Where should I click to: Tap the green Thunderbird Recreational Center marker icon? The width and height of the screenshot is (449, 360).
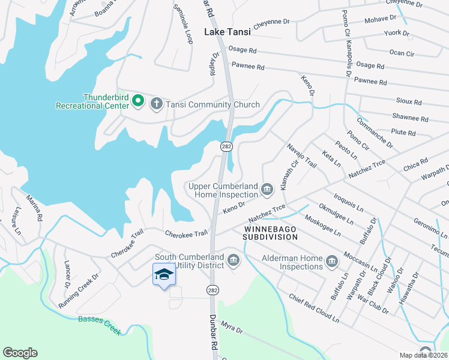tap(137, 102)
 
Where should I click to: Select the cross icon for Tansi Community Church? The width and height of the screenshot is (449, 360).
tap(156, 104)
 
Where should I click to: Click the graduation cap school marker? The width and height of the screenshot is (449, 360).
tap(164, 274)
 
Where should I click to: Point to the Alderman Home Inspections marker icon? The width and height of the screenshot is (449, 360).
tap(332, 261)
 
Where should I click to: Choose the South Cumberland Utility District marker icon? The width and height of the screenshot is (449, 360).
tap(234, 260)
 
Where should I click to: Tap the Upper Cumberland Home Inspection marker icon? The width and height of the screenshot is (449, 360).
tap(267, 191)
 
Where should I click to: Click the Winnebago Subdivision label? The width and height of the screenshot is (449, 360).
tap(270, 233)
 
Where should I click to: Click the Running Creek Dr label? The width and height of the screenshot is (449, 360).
tap(78, 291)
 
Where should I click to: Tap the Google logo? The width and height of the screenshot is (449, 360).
tap(20, 353)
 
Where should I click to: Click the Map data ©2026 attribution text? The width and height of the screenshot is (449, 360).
tap(423, 355)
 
